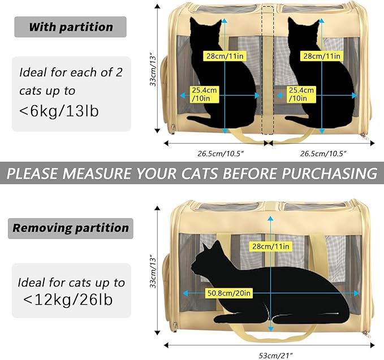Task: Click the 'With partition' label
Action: tap(71, 27)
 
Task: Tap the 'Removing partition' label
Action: tap(71, 228)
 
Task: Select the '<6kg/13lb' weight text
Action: tap(59, 111)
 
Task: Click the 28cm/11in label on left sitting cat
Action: tap(225, 56)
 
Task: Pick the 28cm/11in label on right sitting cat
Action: tap(322, 56)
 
